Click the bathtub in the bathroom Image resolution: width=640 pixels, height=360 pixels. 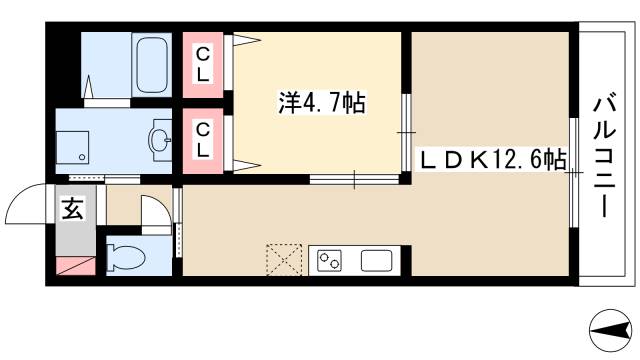(152, 64)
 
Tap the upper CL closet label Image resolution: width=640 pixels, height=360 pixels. (203, 63)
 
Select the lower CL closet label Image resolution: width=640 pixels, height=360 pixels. (203, 140)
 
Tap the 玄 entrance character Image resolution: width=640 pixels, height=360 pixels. (74, 209)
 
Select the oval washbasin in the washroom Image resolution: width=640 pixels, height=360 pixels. (159, 141)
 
